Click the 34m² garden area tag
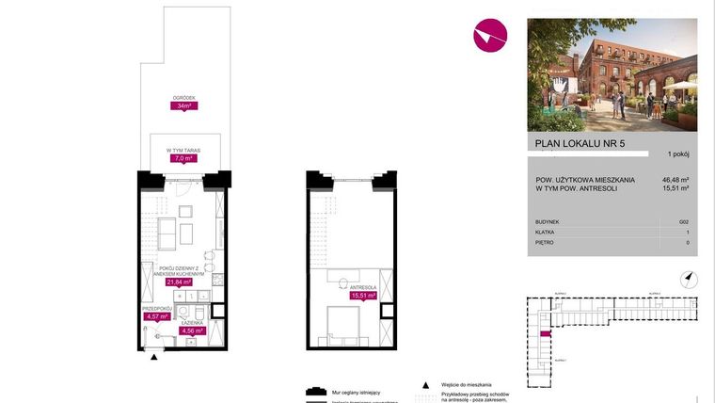coord(183,106)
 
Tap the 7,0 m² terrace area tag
coord(183,159)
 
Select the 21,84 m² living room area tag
coord(179,282)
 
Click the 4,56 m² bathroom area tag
coord(192,330)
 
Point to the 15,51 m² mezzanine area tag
coord(362,296)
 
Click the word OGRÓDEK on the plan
coord(183,97)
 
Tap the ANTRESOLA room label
coord(362,286)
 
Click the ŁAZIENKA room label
coord(192,322)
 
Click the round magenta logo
coord(489,36)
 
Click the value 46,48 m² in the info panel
coord(676,179)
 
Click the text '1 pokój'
coord(677,153)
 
